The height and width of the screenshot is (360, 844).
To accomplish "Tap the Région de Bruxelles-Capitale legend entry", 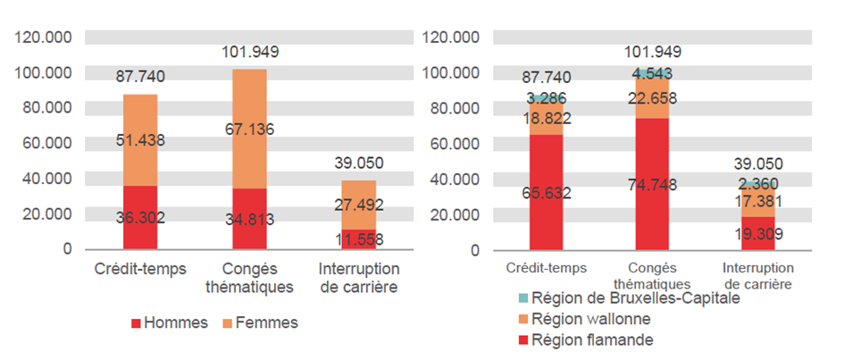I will [x=635, y=298].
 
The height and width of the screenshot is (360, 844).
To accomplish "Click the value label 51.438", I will [x=140, y=140].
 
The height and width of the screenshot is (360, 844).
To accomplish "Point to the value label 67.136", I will [x=249, y=130].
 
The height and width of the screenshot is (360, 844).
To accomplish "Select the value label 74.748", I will [x=652, y=185].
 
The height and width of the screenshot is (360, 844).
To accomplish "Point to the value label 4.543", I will [x=652, y=73].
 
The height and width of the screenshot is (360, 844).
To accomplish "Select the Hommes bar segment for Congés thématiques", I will [x=249, y=219].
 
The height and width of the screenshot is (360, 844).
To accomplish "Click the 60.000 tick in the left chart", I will [x=44, y=143].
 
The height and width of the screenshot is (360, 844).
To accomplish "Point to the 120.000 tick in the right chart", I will [x=451, y=38].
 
